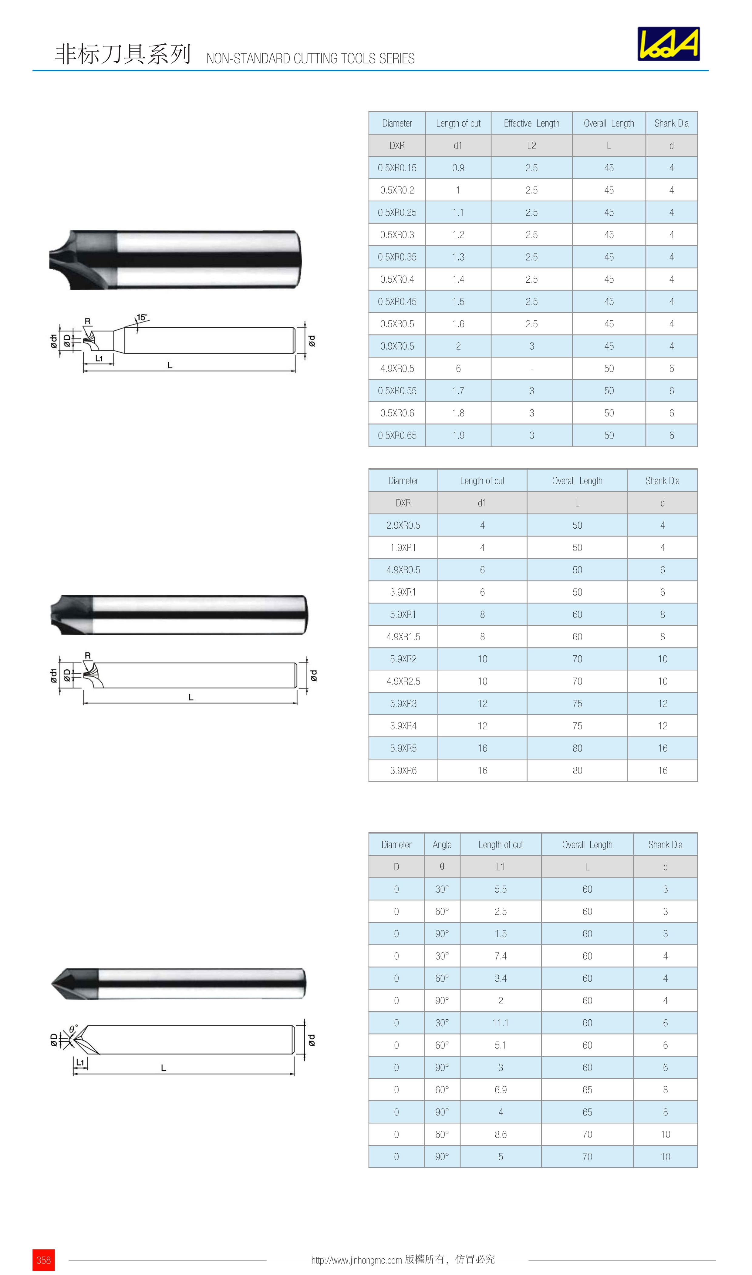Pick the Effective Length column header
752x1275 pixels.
(531, 123)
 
